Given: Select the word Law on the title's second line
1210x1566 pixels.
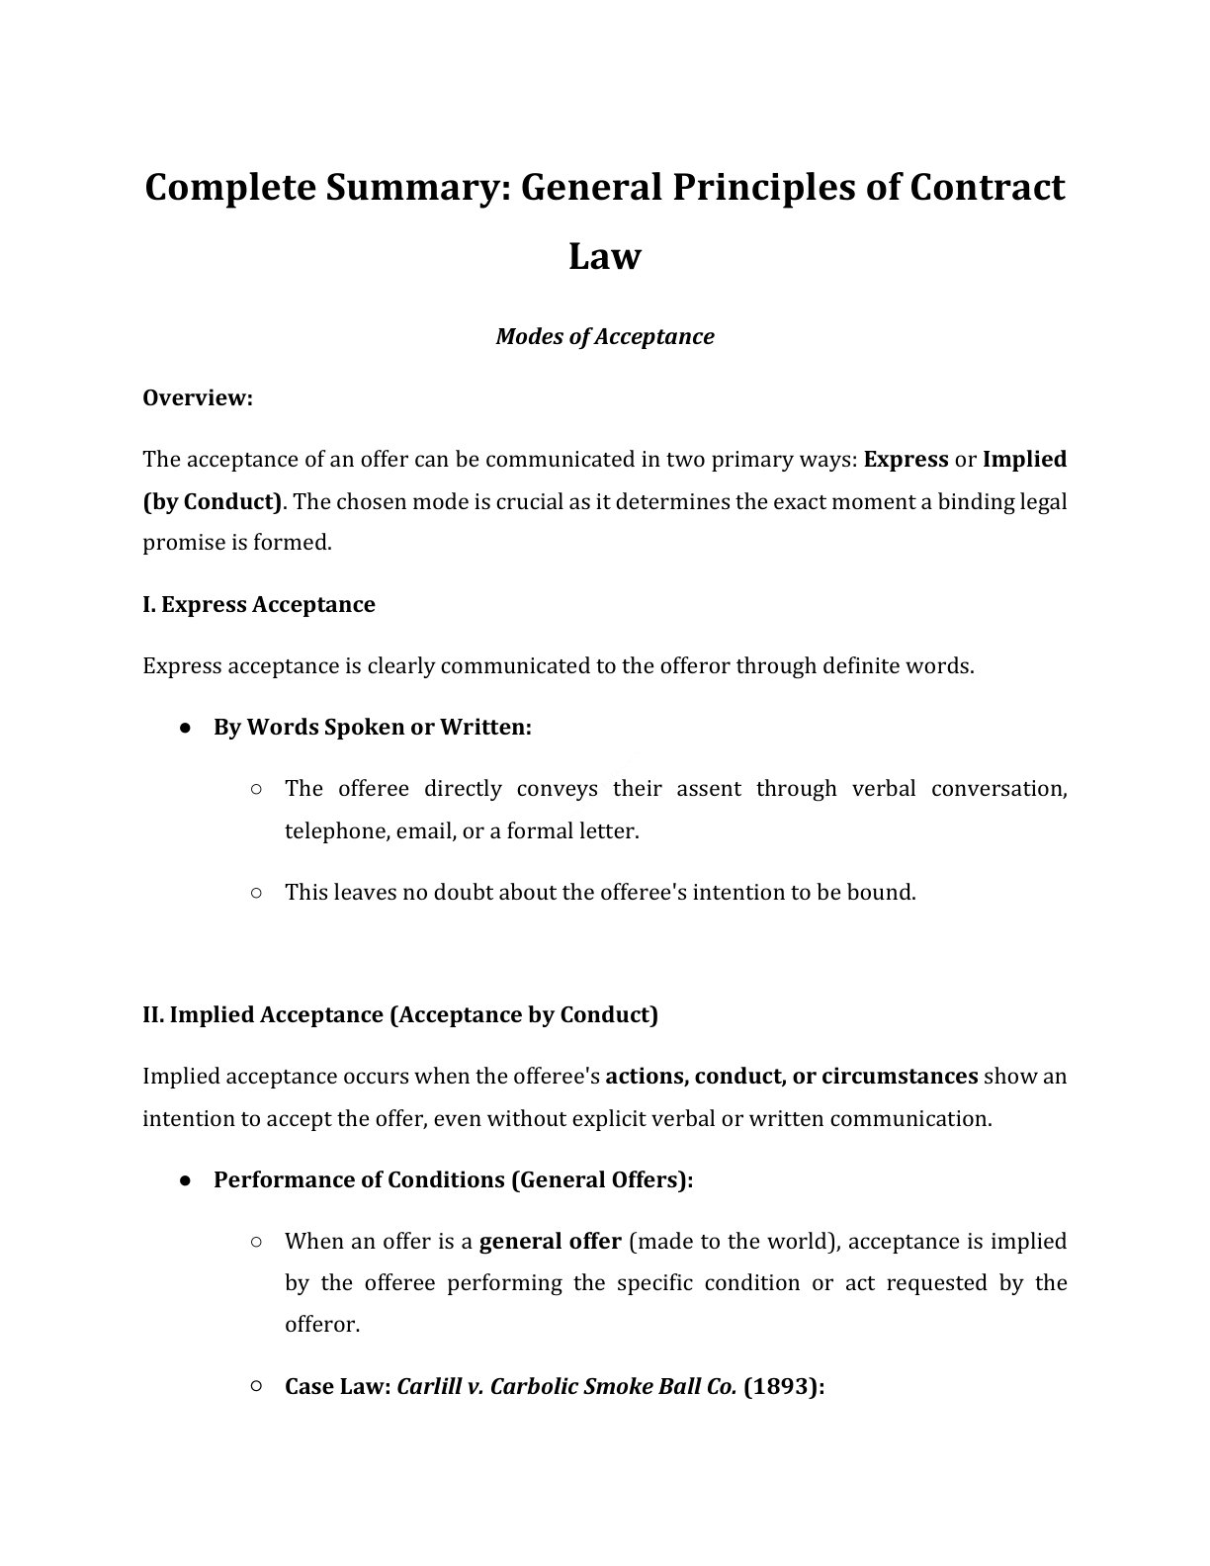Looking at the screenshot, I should (x=605, y=257).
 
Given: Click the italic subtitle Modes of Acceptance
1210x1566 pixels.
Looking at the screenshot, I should (x=605, y=337).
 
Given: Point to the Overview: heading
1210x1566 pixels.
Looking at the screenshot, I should (x=198, y=398).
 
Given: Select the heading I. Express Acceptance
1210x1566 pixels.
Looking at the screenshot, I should (x=259, y=605).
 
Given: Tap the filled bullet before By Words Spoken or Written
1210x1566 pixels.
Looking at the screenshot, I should (x=186, y=728).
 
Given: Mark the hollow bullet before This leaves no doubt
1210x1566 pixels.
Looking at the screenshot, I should (x=256, y=893).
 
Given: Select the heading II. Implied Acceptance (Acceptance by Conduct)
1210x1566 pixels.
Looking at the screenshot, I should (x=400, y=1015).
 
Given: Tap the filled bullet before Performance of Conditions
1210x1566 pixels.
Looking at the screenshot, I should (x=186, y=1180).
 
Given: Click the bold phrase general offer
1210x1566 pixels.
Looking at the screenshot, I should (x=550, y=1242).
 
